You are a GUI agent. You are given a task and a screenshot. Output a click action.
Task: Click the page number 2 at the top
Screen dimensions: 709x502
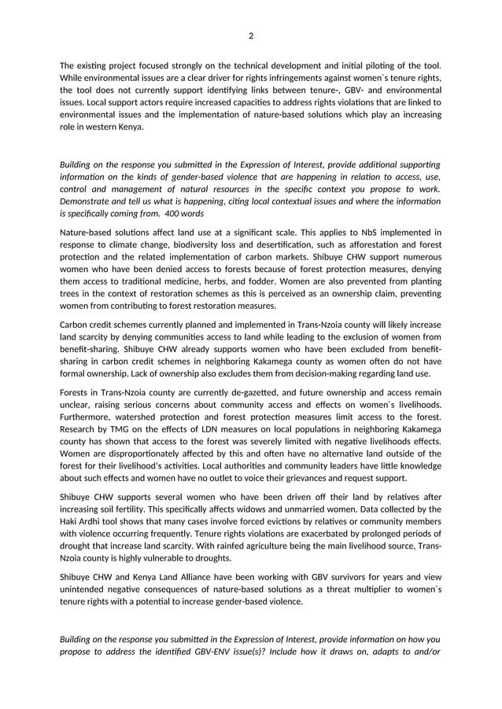(x=251, y=35)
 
